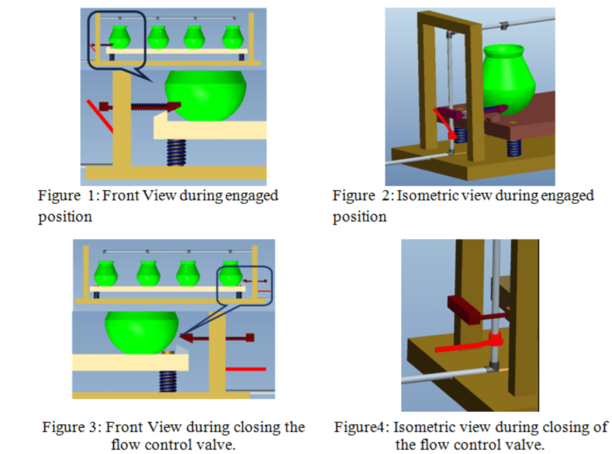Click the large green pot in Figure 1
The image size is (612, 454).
tap(205, 96)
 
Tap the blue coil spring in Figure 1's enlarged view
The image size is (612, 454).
tap(176, 152)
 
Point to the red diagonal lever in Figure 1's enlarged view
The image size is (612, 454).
tap(100, 116)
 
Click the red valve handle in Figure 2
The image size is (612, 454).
tap(445, 123)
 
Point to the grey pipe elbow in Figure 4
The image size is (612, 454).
tap(493, 366)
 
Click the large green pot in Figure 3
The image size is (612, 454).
tap(141, 332)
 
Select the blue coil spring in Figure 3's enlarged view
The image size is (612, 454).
tap(168, 381)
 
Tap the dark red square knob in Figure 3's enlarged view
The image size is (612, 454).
tap(250, 337)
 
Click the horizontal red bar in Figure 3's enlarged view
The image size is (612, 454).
tap(246, 369)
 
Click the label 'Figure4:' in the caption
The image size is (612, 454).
tap(362, 427)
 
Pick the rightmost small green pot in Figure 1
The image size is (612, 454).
tap(233, 37)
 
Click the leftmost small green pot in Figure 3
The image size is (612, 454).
tap(106, 273)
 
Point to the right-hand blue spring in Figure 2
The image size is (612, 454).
tap(513, 148)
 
